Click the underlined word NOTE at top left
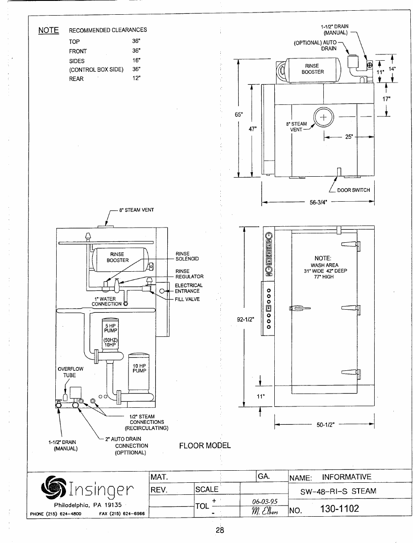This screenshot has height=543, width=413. click(49, 30)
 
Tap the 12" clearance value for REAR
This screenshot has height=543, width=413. click(136, 79)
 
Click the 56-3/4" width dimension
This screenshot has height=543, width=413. click(318, 202)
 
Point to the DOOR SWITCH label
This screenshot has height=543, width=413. click(353, 190)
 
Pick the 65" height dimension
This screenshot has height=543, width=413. click(239, 114)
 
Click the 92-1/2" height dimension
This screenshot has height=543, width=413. click(244, 319)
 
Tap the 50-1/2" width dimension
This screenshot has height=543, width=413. click(326, 425)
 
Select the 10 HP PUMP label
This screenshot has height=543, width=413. click(139, 368)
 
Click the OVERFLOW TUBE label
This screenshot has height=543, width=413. click(70, 372)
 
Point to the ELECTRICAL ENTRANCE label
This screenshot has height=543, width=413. click(189, 288)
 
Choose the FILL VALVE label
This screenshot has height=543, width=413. click(187, 299)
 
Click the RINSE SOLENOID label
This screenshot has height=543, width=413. click(187, 257)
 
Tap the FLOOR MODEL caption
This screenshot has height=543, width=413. click(205, 446)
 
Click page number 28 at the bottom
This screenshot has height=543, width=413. click(219, 530)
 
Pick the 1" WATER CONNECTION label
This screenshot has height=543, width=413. click(106, 302)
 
